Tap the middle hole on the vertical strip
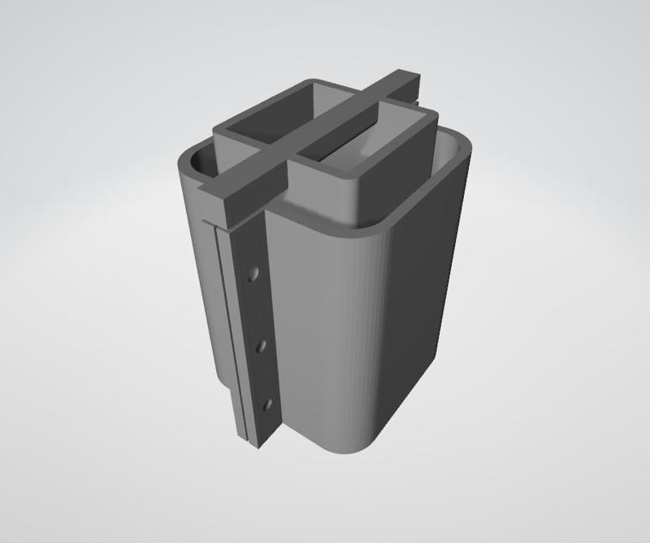[x=262, y=347]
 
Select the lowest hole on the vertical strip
[x=266, y=403]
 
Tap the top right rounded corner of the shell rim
[x=463, y=146]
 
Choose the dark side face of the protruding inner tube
[x=406, y=179]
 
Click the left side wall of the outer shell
[x=199, y=284]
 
